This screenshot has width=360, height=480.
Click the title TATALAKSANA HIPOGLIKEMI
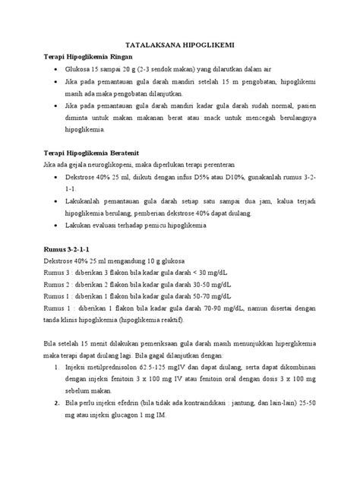pyautogui.click(x=180, y=45)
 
